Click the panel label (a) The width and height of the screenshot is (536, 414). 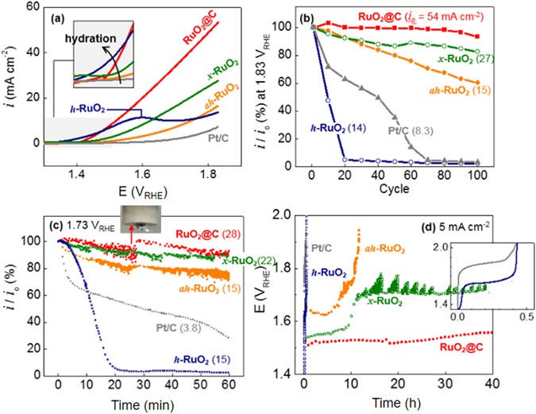[x=61, y=17]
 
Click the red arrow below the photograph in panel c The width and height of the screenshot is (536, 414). [x=128, y=236]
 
